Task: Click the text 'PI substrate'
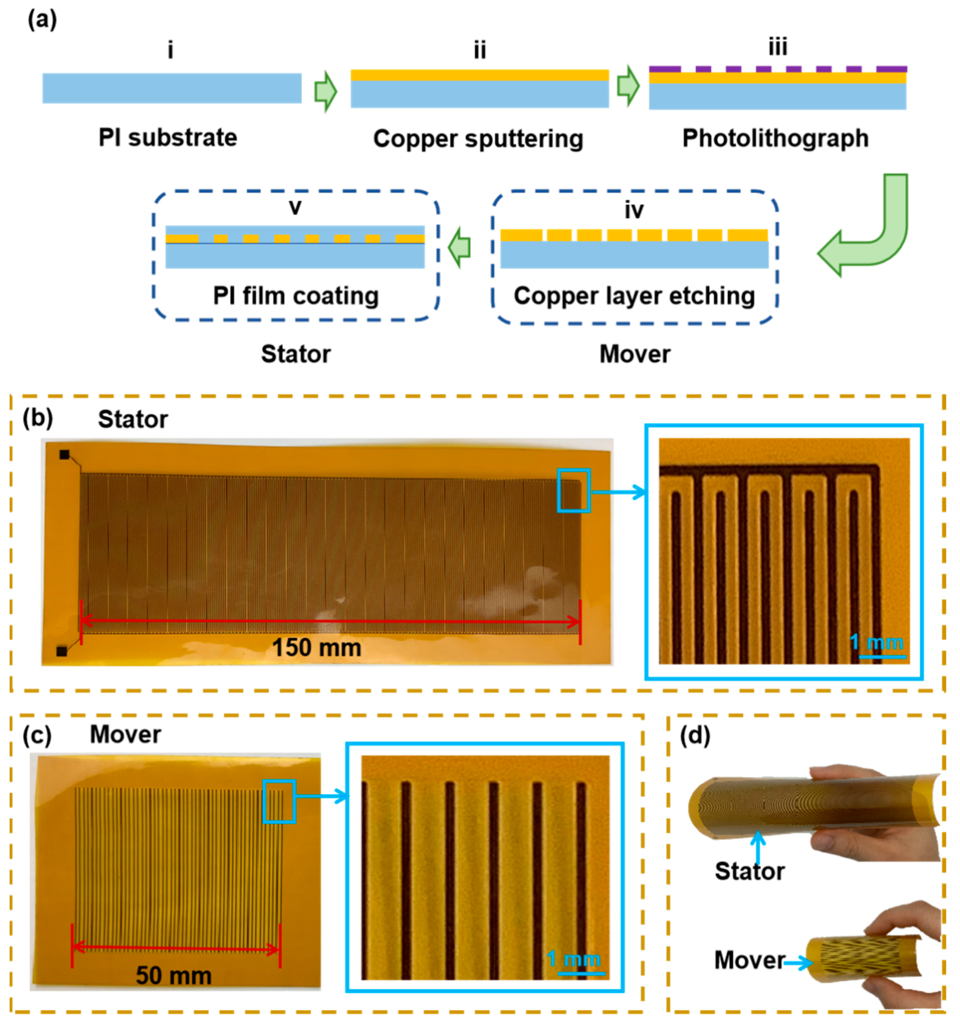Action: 168,138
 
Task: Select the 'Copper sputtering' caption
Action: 478,139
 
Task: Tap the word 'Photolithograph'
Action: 775,138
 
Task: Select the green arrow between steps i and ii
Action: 326,92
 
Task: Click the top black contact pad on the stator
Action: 64,454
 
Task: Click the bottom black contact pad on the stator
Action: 62,652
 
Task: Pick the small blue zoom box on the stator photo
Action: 574,490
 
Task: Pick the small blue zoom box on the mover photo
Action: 279,801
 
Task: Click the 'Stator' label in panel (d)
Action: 749,871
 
